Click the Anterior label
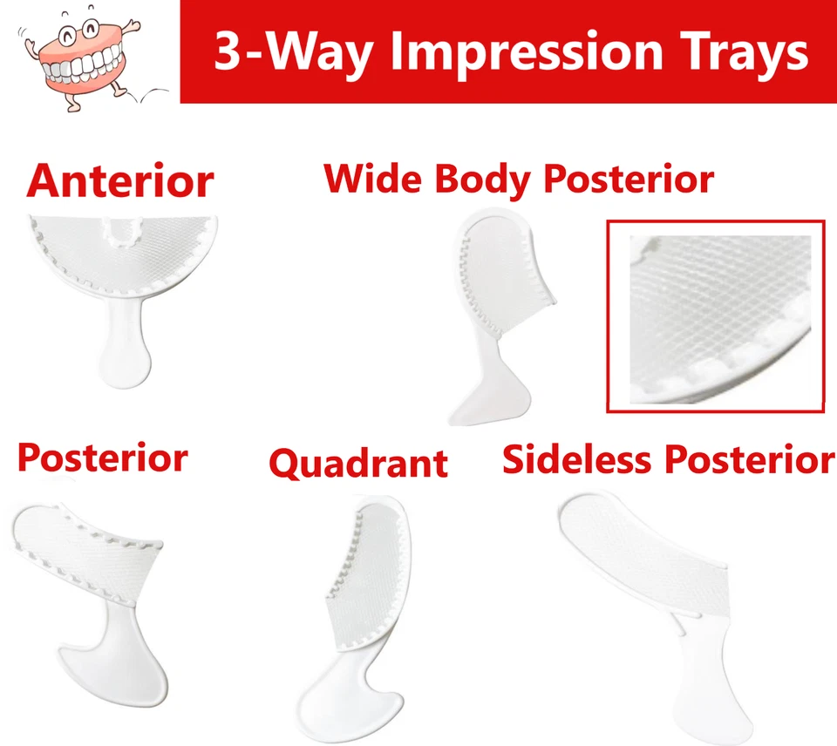[x=120, y=181]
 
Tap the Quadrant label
[x=358, y=463]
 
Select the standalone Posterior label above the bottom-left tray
[x=103, y=458]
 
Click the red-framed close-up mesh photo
[x=715, y=315]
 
